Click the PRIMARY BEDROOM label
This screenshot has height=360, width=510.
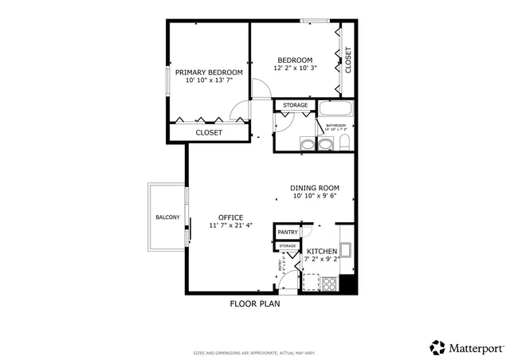pyautogui.click(x=209, y=72)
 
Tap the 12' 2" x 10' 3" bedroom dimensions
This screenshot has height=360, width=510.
pyautogui.click(x=295, y=68)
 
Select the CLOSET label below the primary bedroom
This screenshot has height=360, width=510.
pyautogui.click(x=209, y=132)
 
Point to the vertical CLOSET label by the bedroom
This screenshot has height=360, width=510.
pyautogui.click(x=348, y=60)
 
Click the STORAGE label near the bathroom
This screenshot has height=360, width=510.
pyautogui.click(x=296, y=105)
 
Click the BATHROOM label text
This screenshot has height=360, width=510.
pyautogui.click(x=335, y=125)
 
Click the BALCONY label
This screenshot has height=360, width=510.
pyautogui.click(x=167, y=217)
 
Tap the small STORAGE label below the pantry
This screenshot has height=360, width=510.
pyautogui.click(x=287, y=245)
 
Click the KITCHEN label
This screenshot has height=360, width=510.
pyautogui.click(x=322, y=252)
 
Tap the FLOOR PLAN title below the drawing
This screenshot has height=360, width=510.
pyautogui.click(x=254, y=303)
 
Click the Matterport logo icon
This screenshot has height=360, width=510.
pyautogui.click(x=437, y=347)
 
